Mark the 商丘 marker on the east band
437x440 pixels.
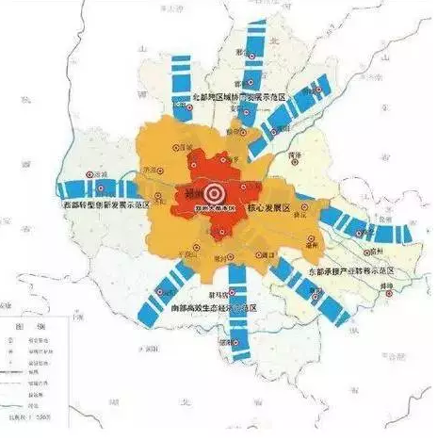(355, 225)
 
